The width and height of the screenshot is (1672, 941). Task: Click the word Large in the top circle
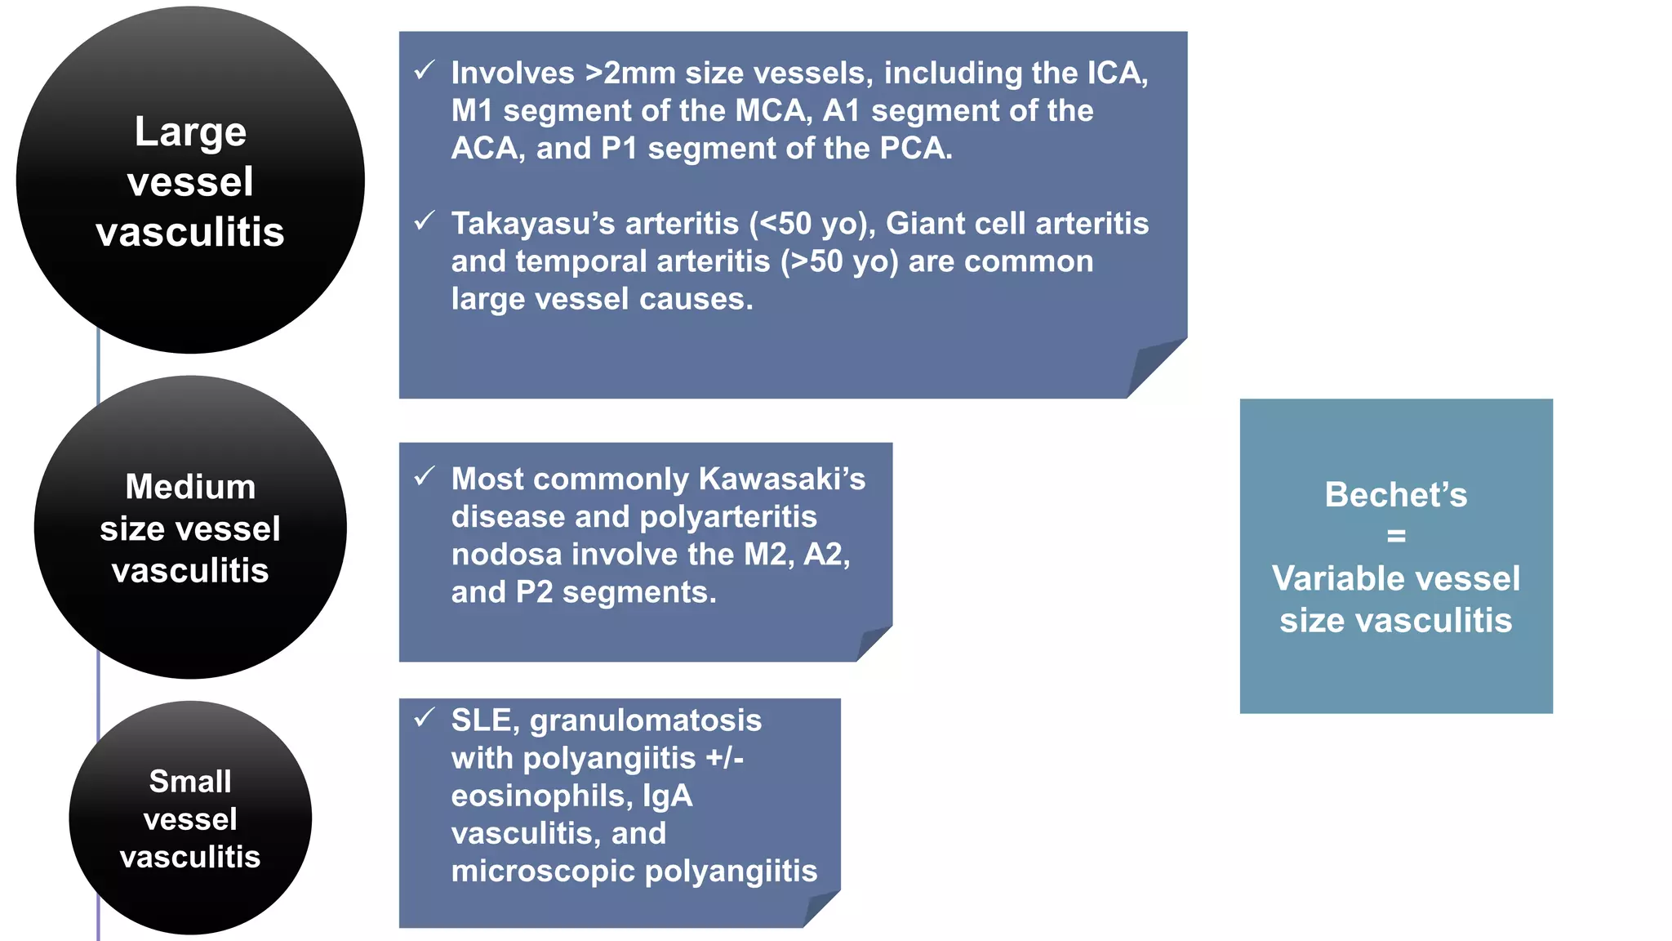[x=190, y=132]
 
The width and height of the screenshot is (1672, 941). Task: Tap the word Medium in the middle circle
[x=190, y=487]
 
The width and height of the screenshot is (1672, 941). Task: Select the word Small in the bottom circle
[x=190, y=782]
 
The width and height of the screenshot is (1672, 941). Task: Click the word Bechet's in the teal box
[x=1395, y=495]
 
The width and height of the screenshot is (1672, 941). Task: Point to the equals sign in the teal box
[x=1396, y=537]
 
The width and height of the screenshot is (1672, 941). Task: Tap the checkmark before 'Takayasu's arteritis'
[x=424, y=221]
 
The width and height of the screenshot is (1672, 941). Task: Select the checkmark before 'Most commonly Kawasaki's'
[x=424, y=476]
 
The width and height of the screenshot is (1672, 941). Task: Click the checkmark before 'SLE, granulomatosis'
[x=424, y=718]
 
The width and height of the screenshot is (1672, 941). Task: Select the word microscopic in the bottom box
[x=542, y=872]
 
